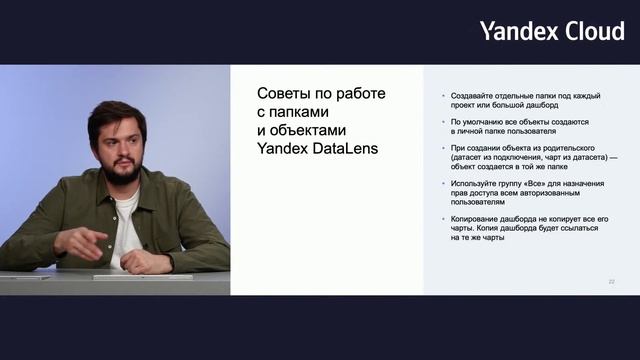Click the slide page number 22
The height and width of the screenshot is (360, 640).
coord(611,282)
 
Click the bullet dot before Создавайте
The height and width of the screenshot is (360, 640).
coord(441,96)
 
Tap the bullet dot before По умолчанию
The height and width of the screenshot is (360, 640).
coord(441,122)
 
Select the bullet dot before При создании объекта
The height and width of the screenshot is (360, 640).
coord(441,148)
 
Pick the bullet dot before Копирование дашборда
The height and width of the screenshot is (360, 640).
coord(441,219)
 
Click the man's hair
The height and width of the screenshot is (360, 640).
coord(116,113)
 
